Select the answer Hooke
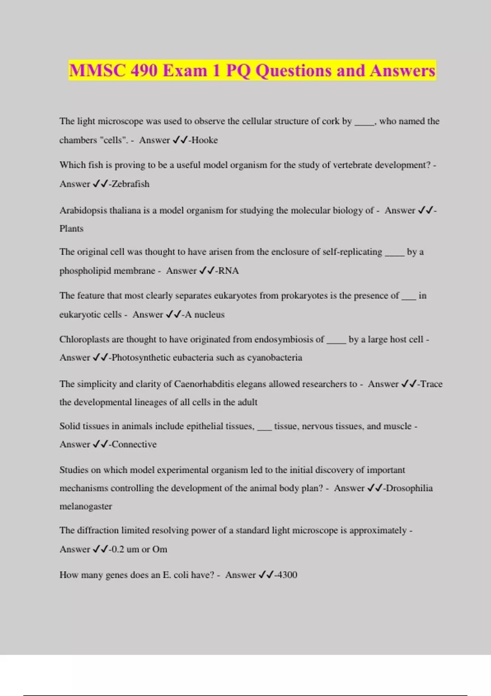click(x=205, y=140)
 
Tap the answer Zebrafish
click(x=131, y=184)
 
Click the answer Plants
click(x=71, y=228)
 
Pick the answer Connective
click(x=134, y=444)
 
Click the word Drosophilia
click(x=409, y=488)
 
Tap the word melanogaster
click(x=86, y=506)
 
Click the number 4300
click(x=286, y=575)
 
